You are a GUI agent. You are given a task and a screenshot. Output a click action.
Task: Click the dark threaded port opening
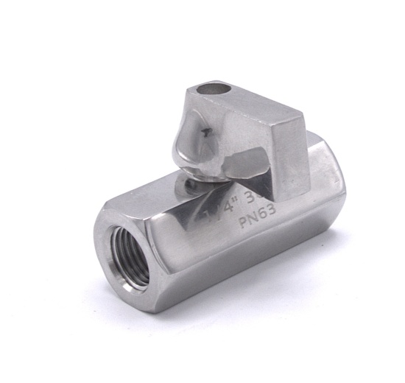[131, 255]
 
